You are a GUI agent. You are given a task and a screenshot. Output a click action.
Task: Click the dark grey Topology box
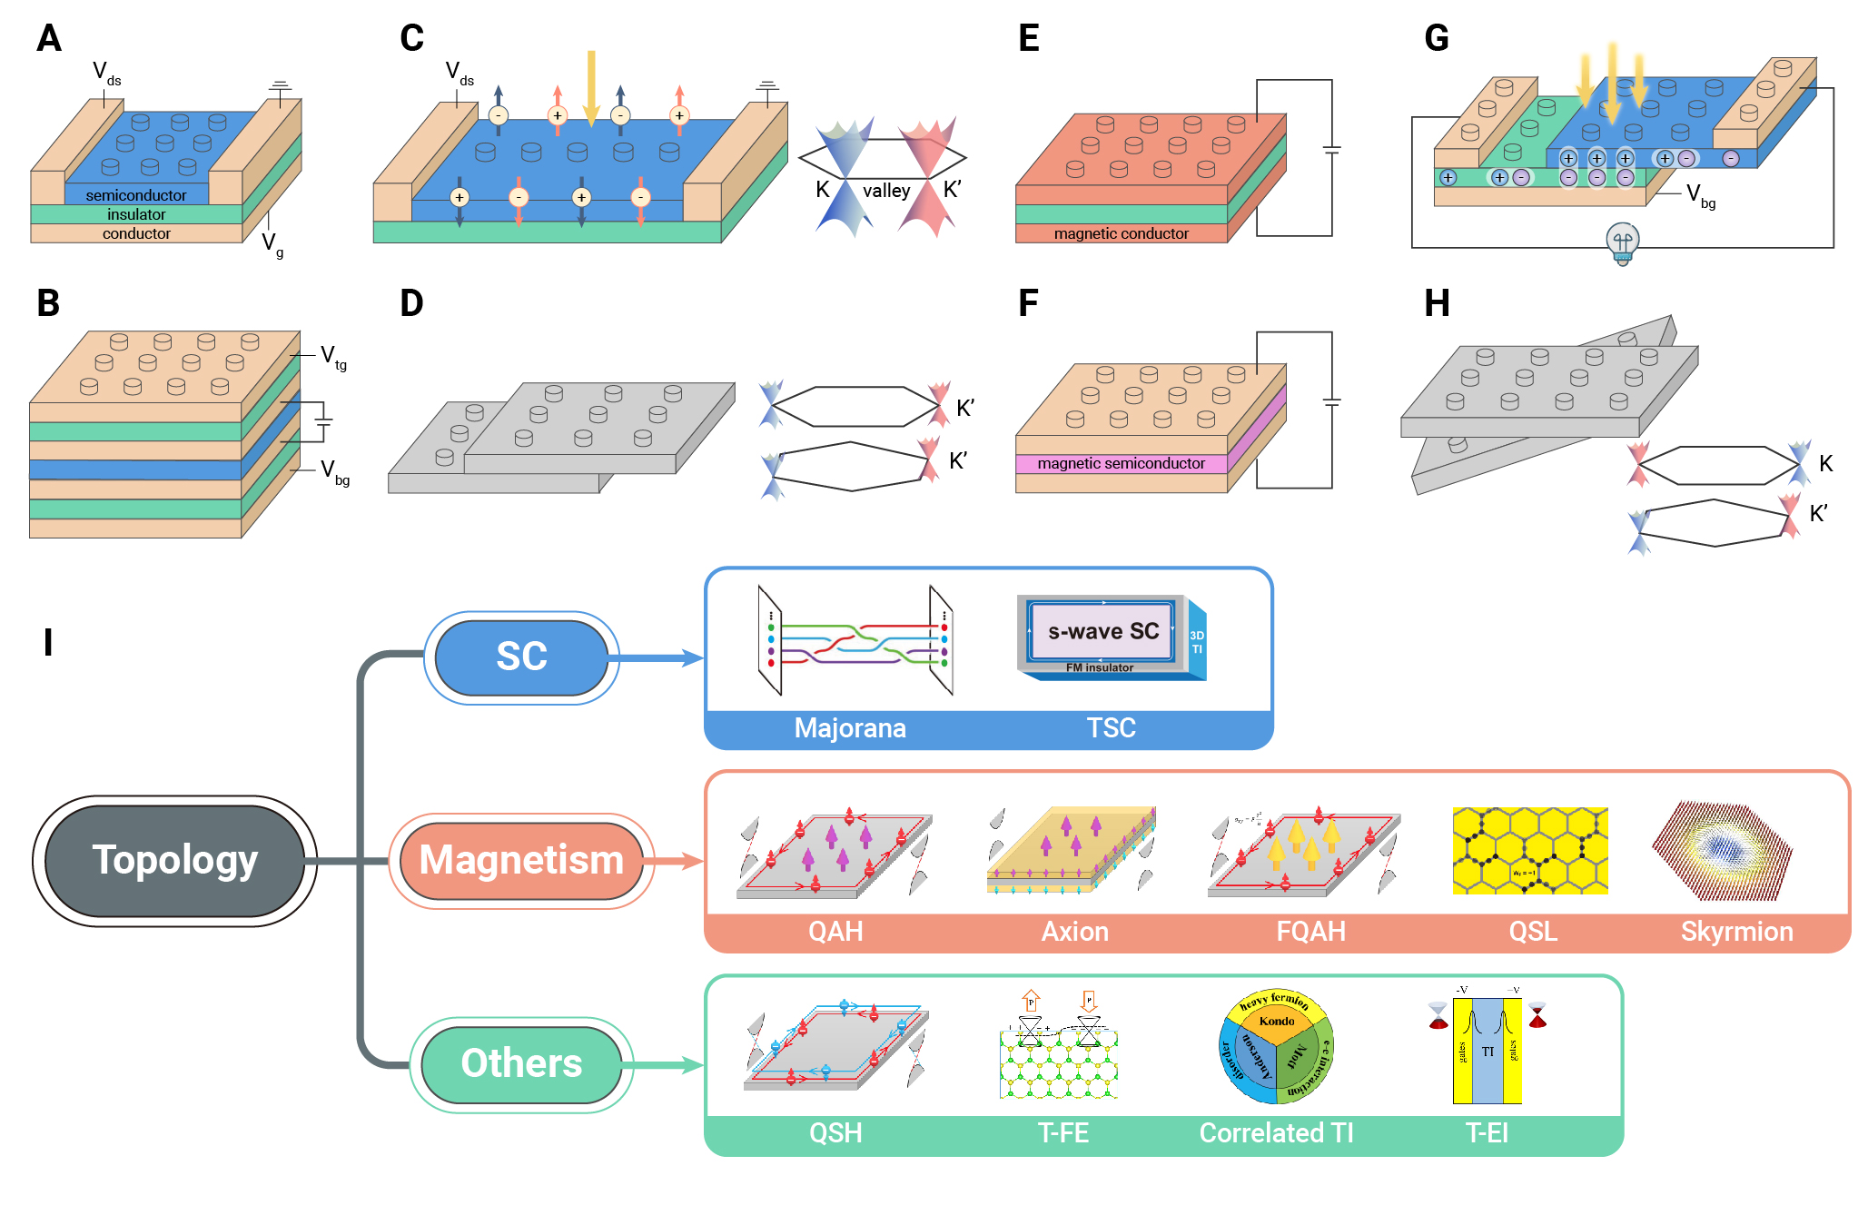[x=174, y=860]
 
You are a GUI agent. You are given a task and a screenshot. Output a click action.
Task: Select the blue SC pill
[x=521, y=657]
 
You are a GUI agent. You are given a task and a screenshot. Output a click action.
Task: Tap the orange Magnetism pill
[x=521, y=860]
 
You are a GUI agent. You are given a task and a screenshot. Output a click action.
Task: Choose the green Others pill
[x=521, y=1063]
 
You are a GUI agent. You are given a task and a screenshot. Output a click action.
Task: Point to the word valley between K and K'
[x=885, y=191]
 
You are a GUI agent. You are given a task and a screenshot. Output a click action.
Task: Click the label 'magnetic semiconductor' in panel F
[x=1121, y=463]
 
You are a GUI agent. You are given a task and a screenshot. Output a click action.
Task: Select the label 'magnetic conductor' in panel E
[x=1121, y=233]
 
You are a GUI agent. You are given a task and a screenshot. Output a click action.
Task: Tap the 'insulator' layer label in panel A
[x=136, y=214]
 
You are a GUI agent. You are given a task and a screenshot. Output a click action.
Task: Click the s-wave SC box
[x=1102, y=631]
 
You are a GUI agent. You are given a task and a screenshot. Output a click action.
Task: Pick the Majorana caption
[x=850, y=728]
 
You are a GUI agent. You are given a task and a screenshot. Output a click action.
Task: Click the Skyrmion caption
[x=1736, y=932]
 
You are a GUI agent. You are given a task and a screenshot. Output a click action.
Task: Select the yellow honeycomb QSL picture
[x=1530, y=851]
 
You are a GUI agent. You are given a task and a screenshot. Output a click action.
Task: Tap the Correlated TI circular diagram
[x=1276, y=1046]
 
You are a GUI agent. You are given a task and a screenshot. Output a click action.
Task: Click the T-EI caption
[x=1487, y=1133]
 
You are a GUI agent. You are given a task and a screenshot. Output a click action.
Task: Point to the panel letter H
[x=1437, y=303]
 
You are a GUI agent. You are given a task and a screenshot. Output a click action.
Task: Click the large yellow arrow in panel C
[x=591, y=87]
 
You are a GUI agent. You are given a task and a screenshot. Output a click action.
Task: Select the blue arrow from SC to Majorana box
[x=656, y=657]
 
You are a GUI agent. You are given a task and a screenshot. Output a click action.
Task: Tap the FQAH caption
[x=1310, y=932]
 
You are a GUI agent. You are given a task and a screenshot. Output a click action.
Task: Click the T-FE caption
[x=1062, y=1133]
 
